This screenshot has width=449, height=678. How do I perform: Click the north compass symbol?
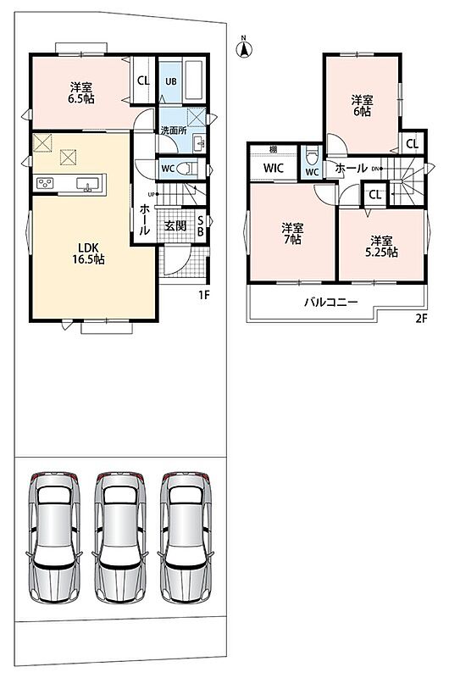point(244,48)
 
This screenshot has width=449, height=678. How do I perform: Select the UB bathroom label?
point(171,81)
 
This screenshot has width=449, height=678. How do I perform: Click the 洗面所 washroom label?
point(174,131)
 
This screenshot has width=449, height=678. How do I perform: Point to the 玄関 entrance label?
point(175,225)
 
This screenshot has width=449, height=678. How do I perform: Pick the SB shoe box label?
point(201,225)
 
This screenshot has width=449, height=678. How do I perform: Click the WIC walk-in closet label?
point(273,168)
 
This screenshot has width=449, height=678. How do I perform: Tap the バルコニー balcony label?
point(331,302)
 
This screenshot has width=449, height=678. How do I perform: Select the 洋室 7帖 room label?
point(292,234)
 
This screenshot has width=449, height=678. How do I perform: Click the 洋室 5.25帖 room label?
point(381,247)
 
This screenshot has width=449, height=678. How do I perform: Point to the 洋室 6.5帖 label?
point(81,93)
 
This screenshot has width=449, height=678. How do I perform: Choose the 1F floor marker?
point(204,295)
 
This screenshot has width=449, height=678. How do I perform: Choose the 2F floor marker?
point(421,319)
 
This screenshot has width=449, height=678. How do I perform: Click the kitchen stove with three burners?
point(46,183)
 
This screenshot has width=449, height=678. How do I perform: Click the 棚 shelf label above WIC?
point(273,150)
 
